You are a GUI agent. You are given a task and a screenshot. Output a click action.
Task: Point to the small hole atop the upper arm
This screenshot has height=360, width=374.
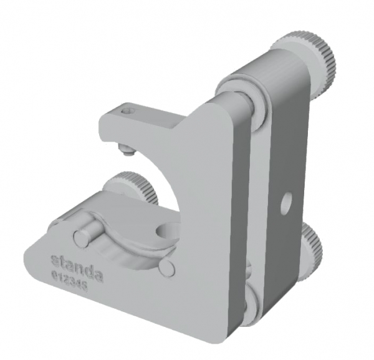click(129, 110)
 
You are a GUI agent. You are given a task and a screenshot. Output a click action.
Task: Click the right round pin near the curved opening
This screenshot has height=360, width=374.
click(166, 266)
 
